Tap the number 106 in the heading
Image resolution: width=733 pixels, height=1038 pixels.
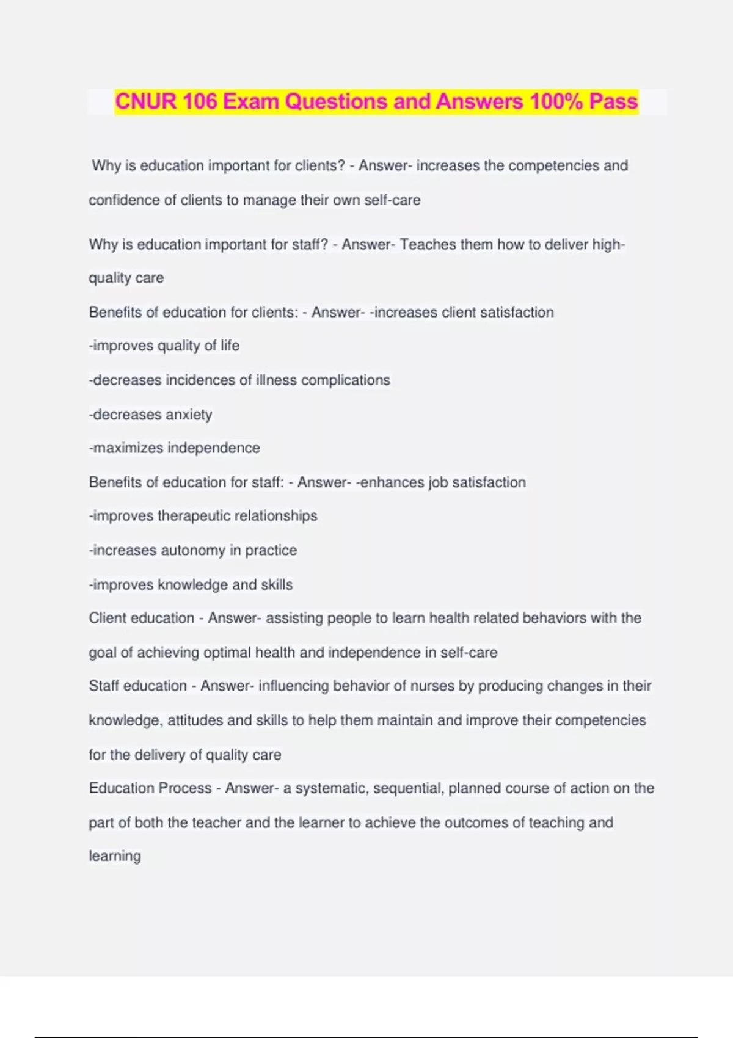pyautogui.click(x=199, y=101)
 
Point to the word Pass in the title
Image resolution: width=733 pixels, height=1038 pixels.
pyautogui.click(x=613, y=101)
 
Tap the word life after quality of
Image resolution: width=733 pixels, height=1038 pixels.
pyautogui.click(x=230, y=346)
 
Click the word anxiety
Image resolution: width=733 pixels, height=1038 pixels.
pyautogui.click(x=184, y=415)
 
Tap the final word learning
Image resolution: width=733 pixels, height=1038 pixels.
pyautogui.click(x=115, y=856)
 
